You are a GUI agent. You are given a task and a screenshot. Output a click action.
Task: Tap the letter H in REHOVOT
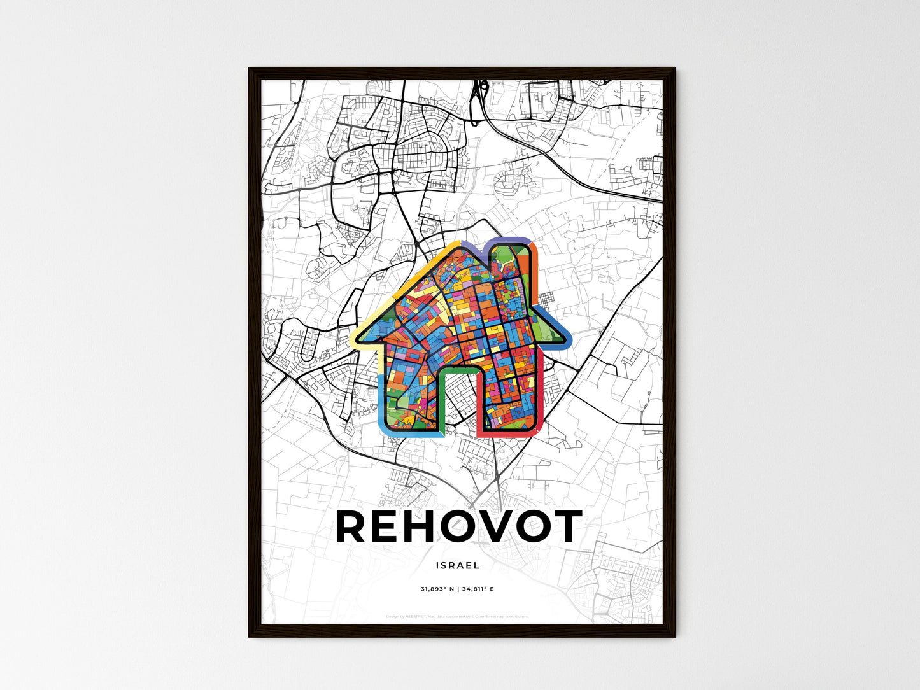pos(423,526)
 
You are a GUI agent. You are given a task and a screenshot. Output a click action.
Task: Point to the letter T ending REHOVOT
pos(564,526)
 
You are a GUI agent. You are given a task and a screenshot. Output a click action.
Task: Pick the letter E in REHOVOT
pos(389,526)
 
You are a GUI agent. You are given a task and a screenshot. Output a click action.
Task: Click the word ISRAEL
pos(458,565)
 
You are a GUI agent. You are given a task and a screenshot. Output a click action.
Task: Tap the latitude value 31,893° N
pos(436,589)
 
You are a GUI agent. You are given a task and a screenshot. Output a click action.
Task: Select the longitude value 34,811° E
pos(478,589)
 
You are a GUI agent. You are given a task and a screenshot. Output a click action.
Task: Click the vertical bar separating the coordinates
pos(457,589)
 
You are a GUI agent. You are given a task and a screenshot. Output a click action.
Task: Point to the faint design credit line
pos(457,616)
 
